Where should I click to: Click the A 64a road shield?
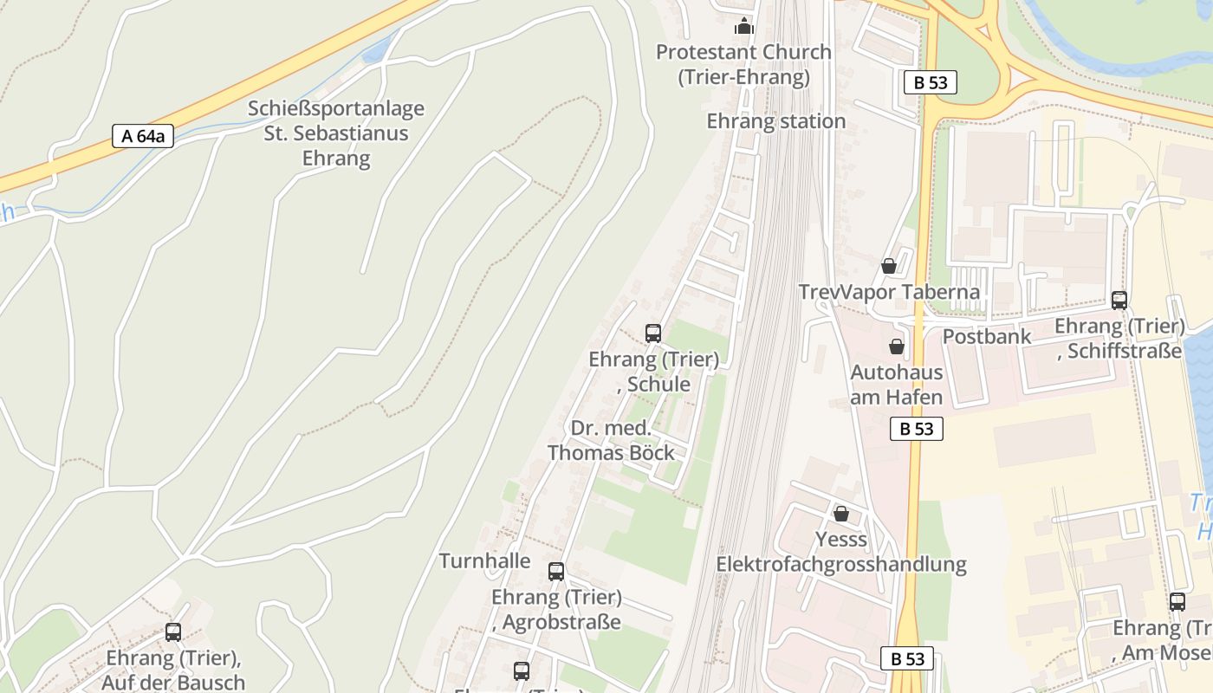[x=143, y=136]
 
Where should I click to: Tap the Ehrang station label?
[x=775, y=121]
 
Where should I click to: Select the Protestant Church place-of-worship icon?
[x=744, y=27]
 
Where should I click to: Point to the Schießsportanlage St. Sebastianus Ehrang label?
[x=336, y=133]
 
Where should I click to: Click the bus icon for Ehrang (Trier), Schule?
[x=653, y=334]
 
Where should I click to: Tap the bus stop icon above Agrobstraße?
[x=556, y=572]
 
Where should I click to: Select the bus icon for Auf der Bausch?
[x=173, y=632]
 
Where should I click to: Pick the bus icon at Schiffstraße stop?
[x=1119, y=301]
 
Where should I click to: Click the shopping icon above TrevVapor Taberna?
[x=889, y=266]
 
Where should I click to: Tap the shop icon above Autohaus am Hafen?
[x=897, y=346]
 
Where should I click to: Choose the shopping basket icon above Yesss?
[x=840, y=514]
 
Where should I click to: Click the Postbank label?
[x=986, y=337]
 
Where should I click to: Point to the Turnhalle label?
[x=485, y=560]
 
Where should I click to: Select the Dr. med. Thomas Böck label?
[x=611, y=440]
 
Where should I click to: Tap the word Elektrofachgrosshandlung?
[x=840, y=565]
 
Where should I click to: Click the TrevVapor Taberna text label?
[x=889, y=292]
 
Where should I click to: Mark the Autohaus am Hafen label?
[x=897, y=385]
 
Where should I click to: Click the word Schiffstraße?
[x=1125, y=351]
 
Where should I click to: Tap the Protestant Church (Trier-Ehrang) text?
[x=743, y=64]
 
